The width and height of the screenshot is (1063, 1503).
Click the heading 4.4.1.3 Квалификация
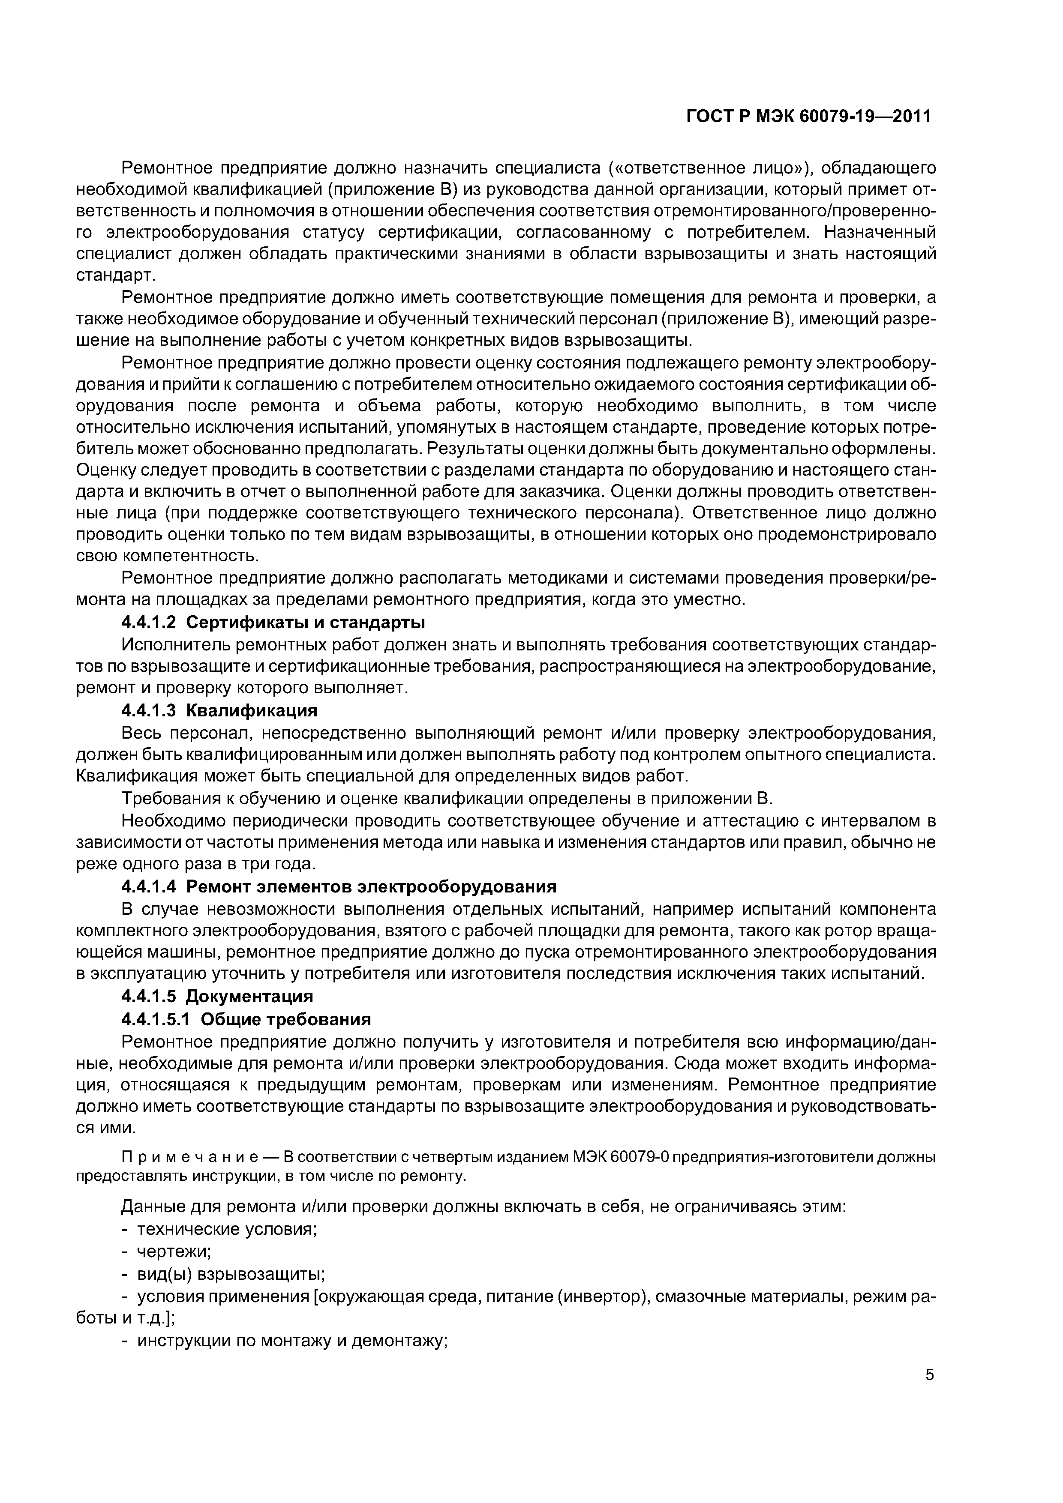[x=219, y=710]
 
